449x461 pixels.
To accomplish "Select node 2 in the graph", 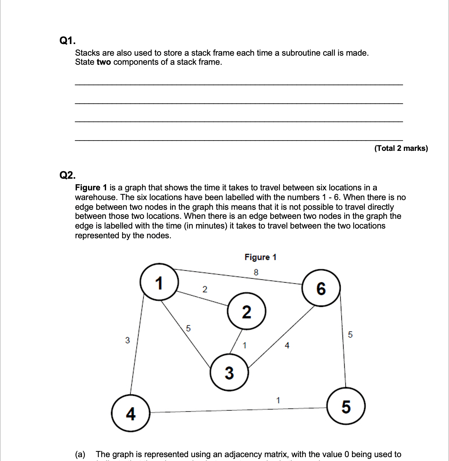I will click(246, 311).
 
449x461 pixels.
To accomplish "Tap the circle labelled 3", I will click(229, 373).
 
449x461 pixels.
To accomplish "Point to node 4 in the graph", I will click(131, 413).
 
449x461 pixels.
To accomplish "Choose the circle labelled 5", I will click(346, 406).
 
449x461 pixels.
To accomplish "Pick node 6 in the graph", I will click(321, 288).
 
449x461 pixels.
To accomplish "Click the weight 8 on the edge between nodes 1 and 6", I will click(256, 273).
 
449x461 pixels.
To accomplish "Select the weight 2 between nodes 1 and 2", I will click(204, 289).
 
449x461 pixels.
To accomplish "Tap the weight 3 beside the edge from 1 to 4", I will click(127, 340).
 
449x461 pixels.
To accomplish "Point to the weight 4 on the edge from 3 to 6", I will click(287, 346).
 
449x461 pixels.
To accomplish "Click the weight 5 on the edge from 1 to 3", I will click(189, 328).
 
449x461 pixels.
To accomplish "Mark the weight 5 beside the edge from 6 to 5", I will click(350, 334).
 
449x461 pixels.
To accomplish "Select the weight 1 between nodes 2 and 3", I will click(245, 345).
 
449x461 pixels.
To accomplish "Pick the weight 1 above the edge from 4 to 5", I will click(278, 400).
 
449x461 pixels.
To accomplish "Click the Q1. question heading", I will click(68, 40).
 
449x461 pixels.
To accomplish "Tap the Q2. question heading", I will click(68, 175).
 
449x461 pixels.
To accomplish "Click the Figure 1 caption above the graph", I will click(260, 257).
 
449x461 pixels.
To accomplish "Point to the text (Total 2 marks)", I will click(401, 148).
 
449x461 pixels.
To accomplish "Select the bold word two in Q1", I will click(104, 62).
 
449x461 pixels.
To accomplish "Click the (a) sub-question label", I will click(80, 454).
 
